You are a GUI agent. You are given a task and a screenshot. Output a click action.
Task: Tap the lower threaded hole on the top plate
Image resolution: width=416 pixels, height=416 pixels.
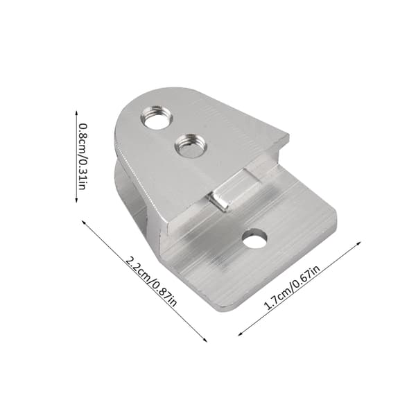(x=190, y=146)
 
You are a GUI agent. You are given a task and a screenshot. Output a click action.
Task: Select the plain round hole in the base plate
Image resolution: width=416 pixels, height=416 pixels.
(x=254, y=239)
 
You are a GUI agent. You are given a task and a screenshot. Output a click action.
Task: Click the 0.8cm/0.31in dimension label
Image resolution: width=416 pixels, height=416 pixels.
(x=83, y=157)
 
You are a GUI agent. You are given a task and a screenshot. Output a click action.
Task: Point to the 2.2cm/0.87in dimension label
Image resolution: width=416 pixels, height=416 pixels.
(x=151, y=281)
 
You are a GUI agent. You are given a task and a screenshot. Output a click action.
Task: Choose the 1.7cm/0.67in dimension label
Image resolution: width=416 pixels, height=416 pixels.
(x=292, y=288)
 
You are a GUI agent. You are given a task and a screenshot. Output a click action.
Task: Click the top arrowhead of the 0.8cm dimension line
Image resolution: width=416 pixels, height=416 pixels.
(x=76, y=112)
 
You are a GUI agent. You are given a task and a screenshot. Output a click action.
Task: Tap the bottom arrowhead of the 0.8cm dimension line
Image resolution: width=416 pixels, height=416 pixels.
(x=76, y=200)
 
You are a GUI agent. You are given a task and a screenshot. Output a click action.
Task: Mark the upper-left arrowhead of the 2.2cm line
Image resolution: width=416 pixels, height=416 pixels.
(x=84, y=222)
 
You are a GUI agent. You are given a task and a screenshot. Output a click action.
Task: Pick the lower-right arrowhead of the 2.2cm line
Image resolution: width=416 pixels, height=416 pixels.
(x=205, y=340)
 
